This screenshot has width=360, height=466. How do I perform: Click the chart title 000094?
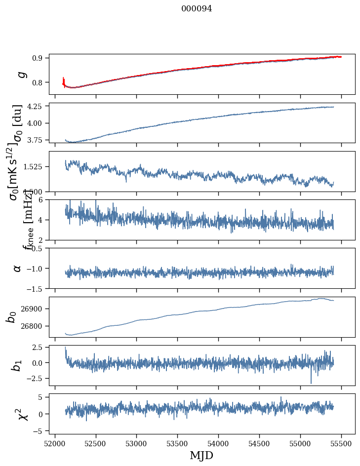(197, 9)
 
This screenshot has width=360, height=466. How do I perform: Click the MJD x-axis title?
(201, 456)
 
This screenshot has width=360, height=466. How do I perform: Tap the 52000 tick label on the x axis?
(55, 443)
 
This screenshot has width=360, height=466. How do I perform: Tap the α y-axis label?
(17, 268)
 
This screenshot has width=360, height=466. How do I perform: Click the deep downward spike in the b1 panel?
(311, 383)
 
